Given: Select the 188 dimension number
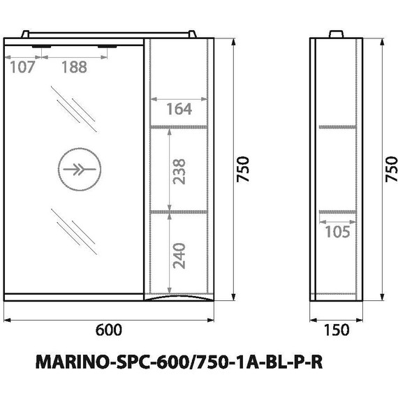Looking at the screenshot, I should click(75, 68).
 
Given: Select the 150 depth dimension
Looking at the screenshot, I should click(337, 330).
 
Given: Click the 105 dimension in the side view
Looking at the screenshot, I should click(337, 232).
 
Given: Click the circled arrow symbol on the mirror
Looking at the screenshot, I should click(78, 170).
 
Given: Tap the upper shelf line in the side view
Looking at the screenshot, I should click(337, 126).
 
